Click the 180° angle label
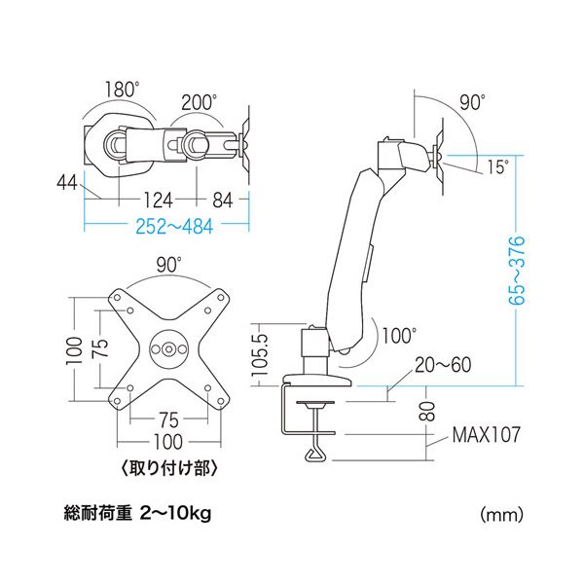(x=122, y=90)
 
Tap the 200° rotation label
(x=199, y=102)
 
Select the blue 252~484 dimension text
(x=174, y=226)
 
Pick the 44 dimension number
(x=67, y=183)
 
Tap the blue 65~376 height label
(x=517, y=270)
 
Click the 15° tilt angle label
(x=497, y=166)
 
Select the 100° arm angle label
(x=399, y=335)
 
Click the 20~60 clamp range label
(x=443, y=365)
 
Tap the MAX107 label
(x=486, y=434)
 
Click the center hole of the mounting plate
(x=168, y=349)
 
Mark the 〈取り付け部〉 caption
(x=168, y=468)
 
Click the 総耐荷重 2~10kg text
(x=138, y=514)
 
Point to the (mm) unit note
(x=501, y=515)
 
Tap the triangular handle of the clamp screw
(x=317, y=455)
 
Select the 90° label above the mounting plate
(x=168, y=265)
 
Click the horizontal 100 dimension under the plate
(x=168, y=442)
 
